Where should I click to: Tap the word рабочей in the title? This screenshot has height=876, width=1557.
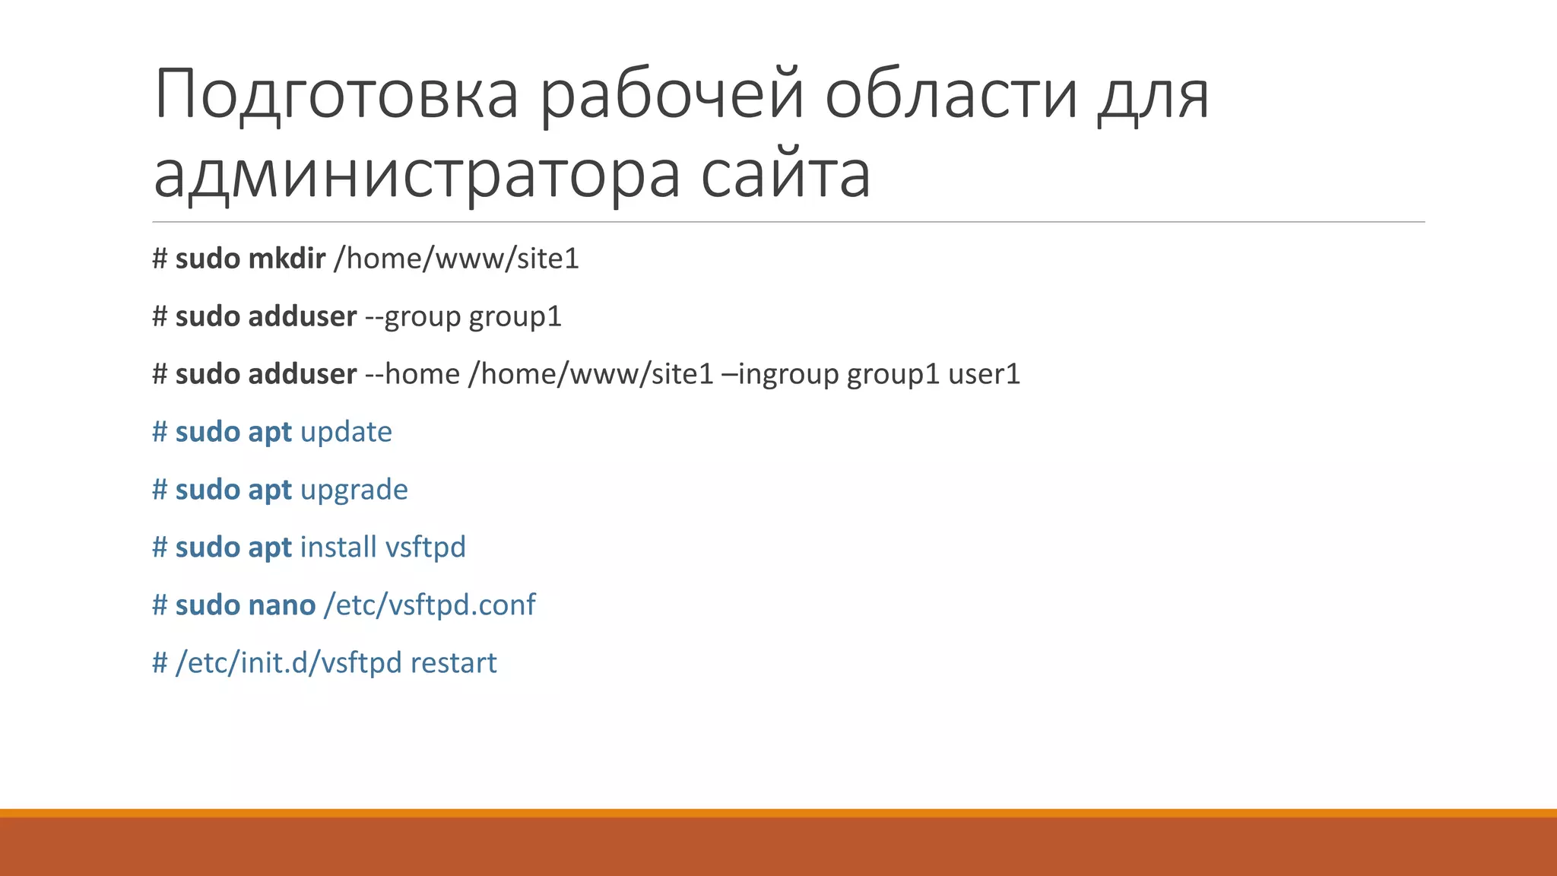672,95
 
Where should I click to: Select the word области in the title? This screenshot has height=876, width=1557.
951,95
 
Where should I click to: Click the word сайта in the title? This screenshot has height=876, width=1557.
785,175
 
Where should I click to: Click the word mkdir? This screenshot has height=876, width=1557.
287,259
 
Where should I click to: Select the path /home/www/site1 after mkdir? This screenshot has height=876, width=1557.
456,259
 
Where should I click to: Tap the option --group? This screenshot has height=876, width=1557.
413,316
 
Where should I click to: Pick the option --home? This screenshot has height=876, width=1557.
413,374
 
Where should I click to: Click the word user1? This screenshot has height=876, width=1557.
984,374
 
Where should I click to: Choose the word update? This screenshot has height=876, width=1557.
346,432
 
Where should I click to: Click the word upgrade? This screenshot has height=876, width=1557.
354,490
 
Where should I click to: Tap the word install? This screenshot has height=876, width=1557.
338,547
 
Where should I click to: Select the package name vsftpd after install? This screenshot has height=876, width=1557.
425,547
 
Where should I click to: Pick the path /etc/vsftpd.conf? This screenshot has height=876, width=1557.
430,605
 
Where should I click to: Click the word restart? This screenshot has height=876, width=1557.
453,663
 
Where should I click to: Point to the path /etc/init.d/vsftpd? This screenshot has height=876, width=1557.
288,663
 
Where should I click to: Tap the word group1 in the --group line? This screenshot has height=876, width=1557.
515,316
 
